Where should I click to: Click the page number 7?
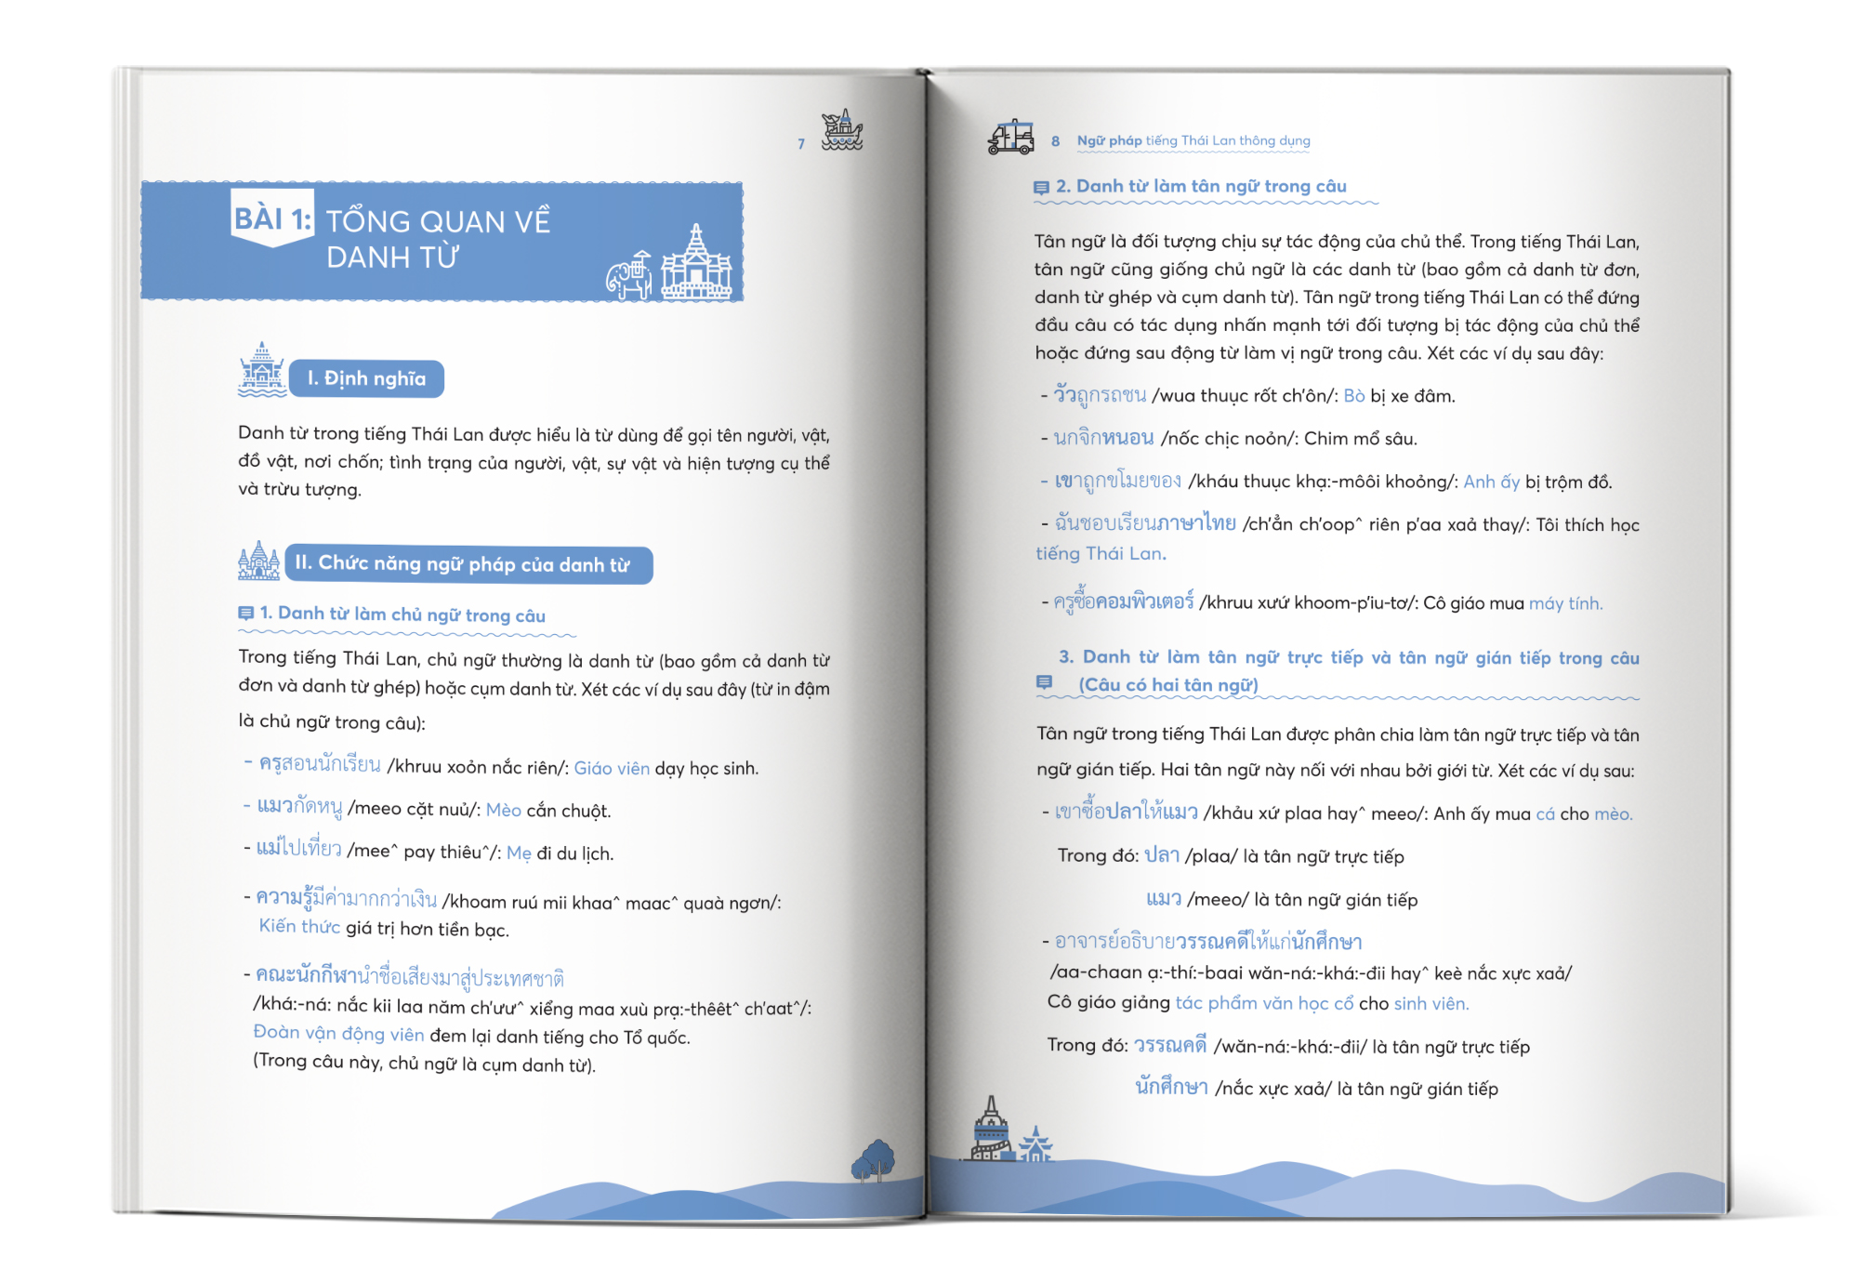[x=801, y=144]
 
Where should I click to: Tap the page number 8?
[x=1055, y=141]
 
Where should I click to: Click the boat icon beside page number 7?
[x=842, y=130]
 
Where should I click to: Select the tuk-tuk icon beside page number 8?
[x=1011, y=137]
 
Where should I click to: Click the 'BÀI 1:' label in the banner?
[x=272, y=219]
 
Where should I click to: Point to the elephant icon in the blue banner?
[x=629, y=275]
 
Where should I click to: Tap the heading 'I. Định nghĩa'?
[x=366, y=378]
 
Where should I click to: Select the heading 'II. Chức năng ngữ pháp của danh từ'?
[x=462, y=563]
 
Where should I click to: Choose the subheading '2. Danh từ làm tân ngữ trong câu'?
[x=1201, y=186]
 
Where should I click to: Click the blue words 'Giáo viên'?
[x=612, y=768]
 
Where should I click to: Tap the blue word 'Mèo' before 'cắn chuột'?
[x=504, y=810]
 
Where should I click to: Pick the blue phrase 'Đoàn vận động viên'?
[x=338, y=1034]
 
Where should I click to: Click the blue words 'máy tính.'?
[x=1565, y=603]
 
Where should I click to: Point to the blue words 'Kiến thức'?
[x=299, y=926]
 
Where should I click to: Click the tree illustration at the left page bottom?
[x=874, y=1160]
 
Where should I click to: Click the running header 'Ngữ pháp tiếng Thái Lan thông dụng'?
[x=1193, y=141]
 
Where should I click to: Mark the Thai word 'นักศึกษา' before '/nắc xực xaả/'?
[x=1171, y=1087]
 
